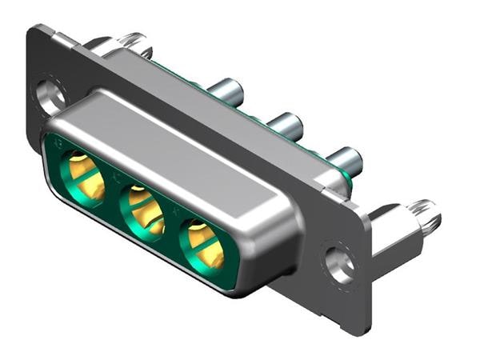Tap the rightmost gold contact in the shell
(x=204, y=245)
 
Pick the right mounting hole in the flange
(x=340, y=262)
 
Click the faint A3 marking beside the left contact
(x=58, y=146)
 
